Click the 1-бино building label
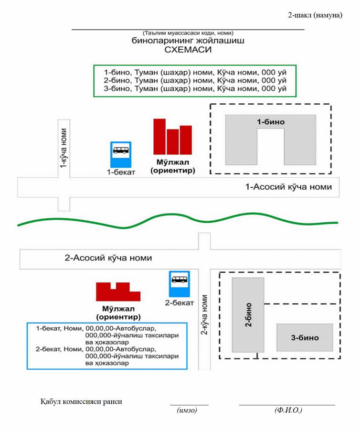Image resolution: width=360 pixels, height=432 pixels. tap(271, 122)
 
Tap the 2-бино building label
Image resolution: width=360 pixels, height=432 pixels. tap(249, 314)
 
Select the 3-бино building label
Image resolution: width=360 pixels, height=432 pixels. tap(305, 337)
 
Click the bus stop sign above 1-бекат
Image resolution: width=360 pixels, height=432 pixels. tap(121, 154)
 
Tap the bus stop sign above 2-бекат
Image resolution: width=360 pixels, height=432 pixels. tap(180, 284)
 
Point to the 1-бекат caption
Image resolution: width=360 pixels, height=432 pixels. tap(121, 172)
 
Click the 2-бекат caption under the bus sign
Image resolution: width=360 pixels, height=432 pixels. tap(180, 303)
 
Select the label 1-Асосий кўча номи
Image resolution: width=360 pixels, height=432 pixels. tap(288, 187)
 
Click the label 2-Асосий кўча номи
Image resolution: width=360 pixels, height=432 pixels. tap(108, 258)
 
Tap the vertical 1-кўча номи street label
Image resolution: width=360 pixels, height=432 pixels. tap(64, 148)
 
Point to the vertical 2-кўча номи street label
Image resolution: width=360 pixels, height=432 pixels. tap(204, 315)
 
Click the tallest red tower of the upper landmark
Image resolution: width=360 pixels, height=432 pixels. tap(159, 137)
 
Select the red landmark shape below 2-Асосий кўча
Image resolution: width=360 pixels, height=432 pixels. tap(118, 292)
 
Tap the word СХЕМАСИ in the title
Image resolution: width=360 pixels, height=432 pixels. tap(188, 50)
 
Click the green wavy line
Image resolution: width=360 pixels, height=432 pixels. tap(178, 220)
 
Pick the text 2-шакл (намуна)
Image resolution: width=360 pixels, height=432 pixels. tap(315, 15)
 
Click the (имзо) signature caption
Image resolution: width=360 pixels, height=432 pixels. tap(187, 410)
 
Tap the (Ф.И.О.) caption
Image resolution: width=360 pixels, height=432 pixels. tap(288, 410)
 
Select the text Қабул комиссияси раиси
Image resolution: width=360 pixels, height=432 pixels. tap(81, 401)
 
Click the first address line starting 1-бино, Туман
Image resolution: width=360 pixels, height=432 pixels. tap(195, 73)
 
